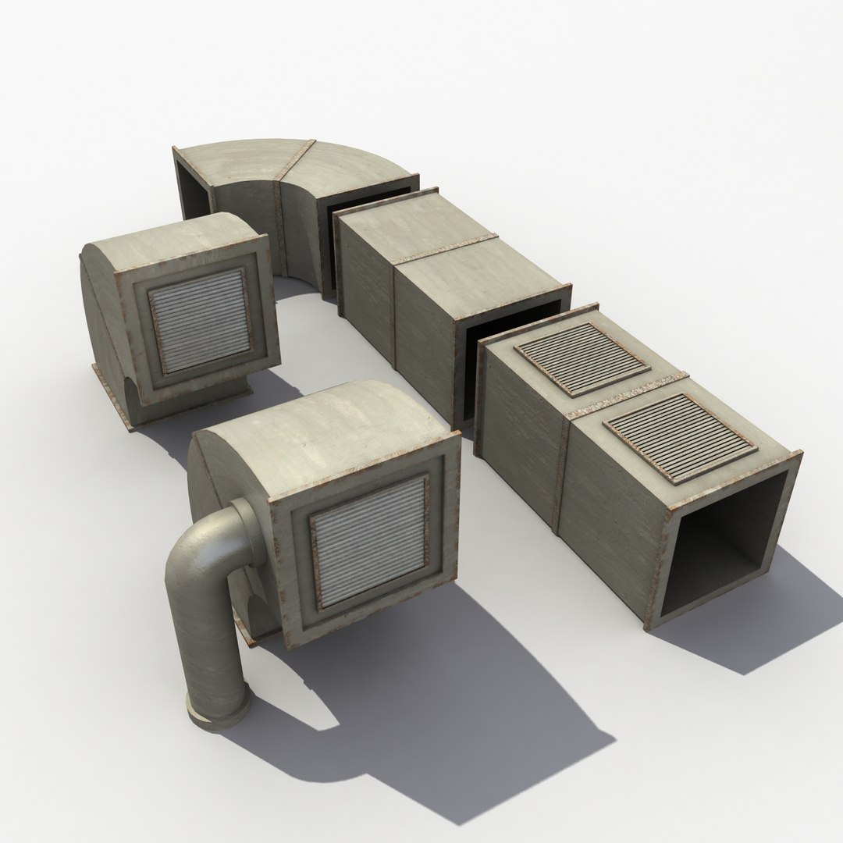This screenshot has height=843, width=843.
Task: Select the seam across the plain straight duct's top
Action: pos(445,250)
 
